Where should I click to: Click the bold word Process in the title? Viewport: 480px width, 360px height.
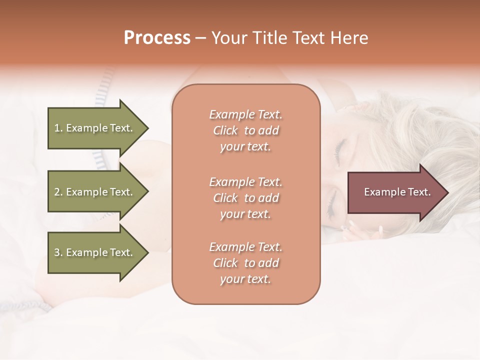pos(157,38)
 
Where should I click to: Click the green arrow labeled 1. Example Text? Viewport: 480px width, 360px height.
pos(95,128)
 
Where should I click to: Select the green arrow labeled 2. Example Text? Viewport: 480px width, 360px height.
pos(95,192)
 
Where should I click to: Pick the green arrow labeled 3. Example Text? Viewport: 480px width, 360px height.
pos(95,252)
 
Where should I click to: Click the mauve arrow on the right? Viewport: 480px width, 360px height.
pos(395,192)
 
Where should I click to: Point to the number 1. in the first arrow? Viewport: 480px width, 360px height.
pos(58,128)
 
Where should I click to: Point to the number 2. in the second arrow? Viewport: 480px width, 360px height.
pos(58,192)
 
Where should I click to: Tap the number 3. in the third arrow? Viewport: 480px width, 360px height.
pos(58,252)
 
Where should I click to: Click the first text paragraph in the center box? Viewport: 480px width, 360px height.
pos(245,130)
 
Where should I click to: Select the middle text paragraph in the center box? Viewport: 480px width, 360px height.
pos(245,198)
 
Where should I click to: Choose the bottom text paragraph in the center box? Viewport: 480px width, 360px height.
pos(245,263)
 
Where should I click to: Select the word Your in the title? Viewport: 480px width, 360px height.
pos(228,38)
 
